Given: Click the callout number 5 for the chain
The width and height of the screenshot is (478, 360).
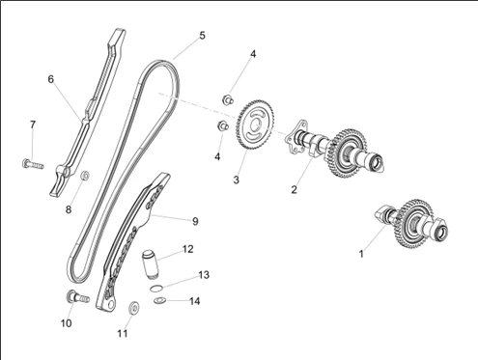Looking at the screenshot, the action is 202,36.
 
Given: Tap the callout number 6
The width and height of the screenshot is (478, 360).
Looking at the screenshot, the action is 51,79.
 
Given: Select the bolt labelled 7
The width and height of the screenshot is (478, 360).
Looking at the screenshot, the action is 33,164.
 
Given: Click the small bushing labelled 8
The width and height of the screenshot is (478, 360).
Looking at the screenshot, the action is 85,176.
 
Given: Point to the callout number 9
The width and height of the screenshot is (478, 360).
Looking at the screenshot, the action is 195,221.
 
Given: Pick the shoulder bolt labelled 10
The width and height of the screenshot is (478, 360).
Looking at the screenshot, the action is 77,297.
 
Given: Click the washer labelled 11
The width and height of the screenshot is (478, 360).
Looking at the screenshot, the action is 134,308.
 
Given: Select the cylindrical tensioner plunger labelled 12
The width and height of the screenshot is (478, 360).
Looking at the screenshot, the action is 149,264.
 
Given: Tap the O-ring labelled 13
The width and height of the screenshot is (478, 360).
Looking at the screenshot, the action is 156,289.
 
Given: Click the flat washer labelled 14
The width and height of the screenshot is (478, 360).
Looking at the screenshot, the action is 159,301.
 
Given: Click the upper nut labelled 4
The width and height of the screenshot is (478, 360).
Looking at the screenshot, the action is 228,99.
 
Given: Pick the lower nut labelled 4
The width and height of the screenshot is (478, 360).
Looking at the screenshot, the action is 223,125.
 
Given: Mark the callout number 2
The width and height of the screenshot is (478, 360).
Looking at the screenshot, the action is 294,190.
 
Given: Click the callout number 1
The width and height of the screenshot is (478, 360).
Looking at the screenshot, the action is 361,254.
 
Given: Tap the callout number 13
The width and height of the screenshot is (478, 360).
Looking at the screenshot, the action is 204,275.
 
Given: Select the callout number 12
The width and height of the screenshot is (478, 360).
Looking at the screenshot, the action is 187,249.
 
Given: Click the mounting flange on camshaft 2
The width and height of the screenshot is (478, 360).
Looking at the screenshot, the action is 296,138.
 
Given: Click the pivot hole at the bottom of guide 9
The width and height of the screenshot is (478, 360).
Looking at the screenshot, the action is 110,303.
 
